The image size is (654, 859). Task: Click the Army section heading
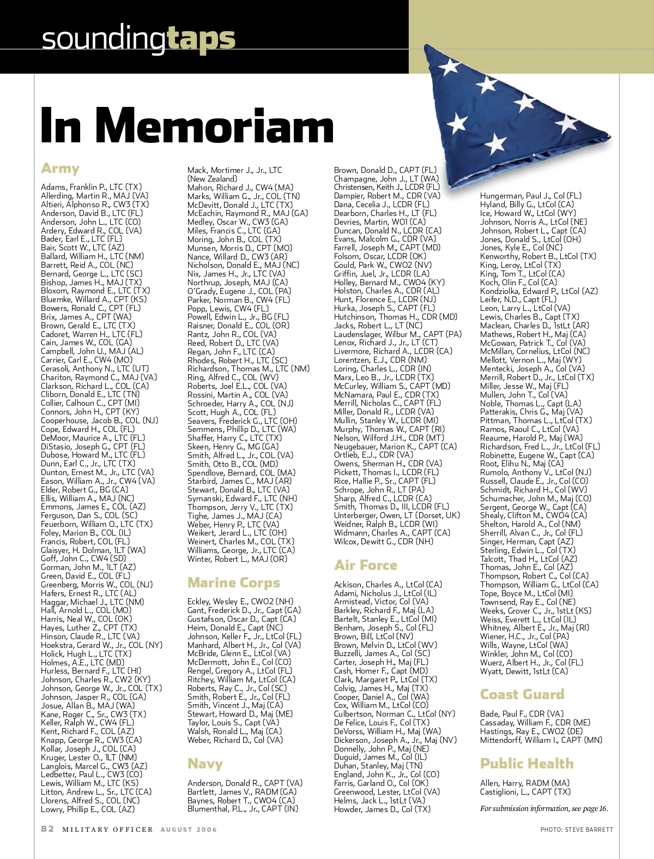click(60, 168)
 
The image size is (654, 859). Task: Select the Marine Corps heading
click(233, 582)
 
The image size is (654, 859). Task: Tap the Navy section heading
click(205, 764)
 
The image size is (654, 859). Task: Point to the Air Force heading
click(365, 565)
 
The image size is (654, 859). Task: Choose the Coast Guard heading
click(522, 694)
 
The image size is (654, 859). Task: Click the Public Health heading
click(526, 764)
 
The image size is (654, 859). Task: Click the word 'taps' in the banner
click(201, 38)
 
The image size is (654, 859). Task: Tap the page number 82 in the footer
click(48, 829)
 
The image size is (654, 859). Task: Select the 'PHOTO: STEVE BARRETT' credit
click(577, 830)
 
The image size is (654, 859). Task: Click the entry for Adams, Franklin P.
click(91, 187)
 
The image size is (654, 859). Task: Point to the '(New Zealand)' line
click(212, 179)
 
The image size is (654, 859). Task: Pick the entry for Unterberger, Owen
click(397, 515)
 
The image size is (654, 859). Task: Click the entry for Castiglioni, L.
click(525, 792)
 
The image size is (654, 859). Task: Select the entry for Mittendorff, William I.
click(541, 740)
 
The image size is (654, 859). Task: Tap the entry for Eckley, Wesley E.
click(240, 602)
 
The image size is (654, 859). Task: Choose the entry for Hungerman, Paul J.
click(530, 196)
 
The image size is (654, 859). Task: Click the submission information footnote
click(544, 808)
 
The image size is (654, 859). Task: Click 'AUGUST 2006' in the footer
click(189, 830)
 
